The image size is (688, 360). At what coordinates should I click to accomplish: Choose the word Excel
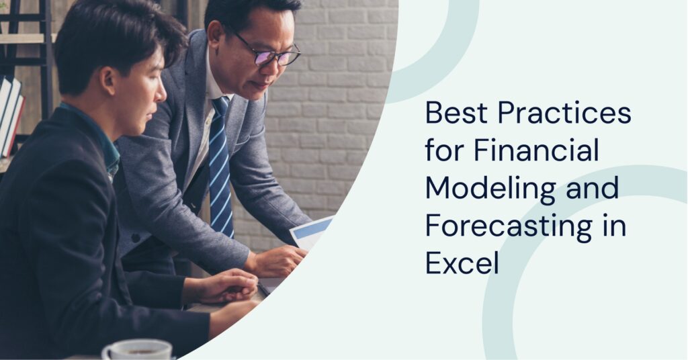pos(462,263)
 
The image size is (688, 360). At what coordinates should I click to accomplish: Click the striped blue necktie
pos(220,168)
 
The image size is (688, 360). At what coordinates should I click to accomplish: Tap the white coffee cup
pos(137,349)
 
